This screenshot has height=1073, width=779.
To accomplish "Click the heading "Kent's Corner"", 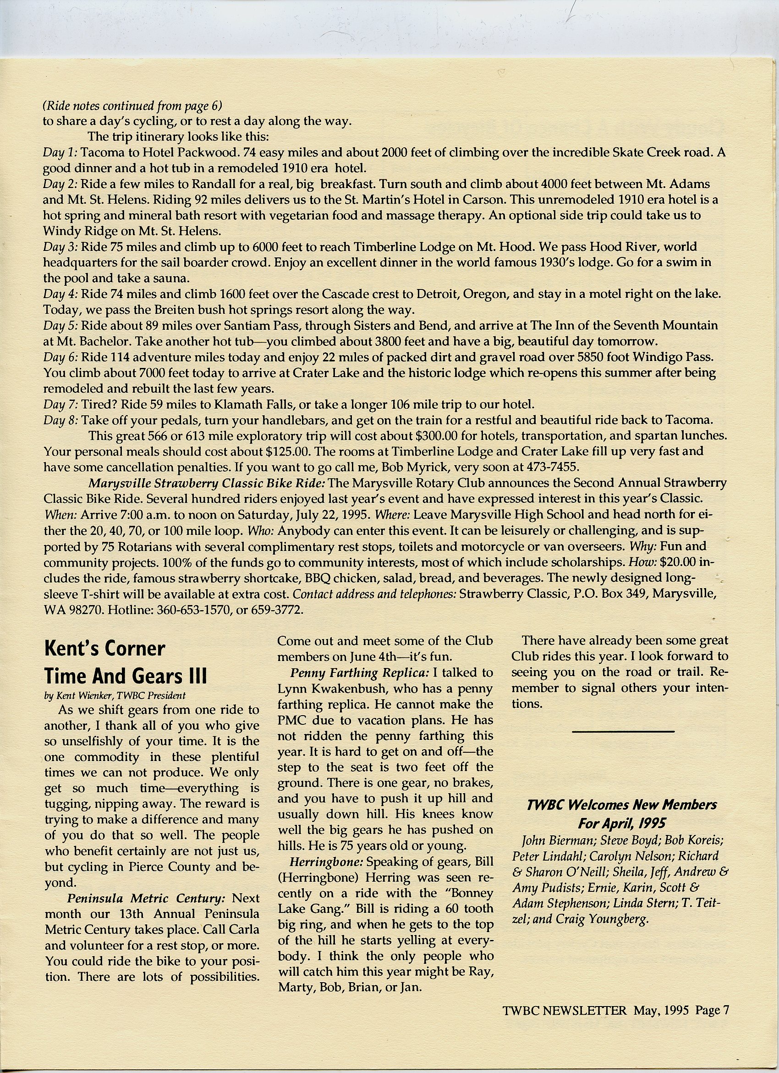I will click(104, 649).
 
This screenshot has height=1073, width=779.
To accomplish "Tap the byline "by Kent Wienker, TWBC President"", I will click(115, 695).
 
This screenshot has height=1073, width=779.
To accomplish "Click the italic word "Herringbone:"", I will click(320, 862).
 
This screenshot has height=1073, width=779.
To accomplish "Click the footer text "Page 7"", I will click(712, 1011).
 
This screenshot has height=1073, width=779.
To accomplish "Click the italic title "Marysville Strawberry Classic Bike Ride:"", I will click(207, 483).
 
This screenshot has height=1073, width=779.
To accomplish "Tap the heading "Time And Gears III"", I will click(126, 675).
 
